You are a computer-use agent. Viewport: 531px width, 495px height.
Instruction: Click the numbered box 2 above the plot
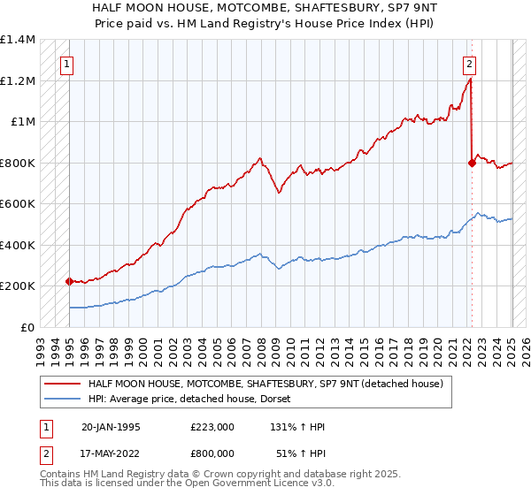(x=469, y=64)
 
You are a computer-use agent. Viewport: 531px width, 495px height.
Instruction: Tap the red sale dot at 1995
(x=70, y=281)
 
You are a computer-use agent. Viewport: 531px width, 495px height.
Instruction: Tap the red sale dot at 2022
(x=471, y=163)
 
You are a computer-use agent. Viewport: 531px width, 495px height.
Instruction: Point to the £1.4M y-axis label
(x=18, y=40)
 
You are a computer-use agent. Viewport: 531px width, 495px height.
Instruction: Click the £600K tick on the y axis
(x=18, y=204)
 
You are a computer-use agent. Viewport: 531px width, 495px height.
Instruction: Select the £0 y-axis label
(x=28, y=327)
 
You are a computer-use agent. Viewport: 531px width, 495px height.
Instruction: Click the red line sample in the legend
(x=64, y=383)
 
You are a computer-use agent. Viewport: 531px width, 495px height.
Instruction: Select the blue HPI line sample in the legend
(x=64, y=399)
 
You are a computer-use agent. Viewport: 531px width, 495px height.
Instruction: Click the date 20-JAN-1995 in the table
(x=111, y=426)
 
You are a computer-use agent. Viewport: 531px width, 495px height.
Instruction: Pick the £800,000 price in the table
(x=212, y=454)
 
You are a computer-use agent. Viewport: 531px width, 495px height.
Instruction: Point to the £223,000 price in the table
(x=212, y=426)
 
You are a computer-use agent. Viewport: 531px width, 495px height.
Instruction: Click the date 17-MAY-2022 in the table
(x=111, y=454)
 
